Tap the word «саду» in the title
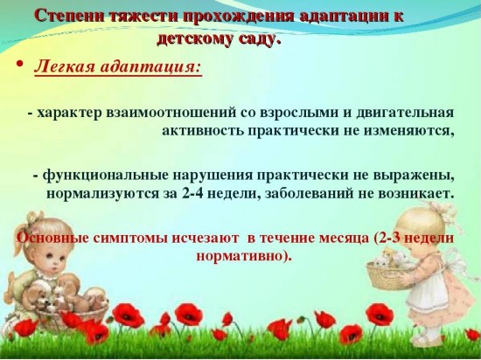click(x=256, y=39)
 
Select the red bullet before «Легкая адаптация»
click(x=19, y=65)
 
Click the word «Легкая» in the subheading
click(x=65, y=66)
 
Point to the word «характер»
click(x=69, y=113)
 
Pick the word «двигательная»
click(x=405, y=113)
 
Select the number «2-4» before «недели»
click(x=192, y=194)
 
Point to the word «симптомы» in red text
click(x=130, y=239)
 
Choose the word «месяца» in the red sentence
click(x=344, y=239)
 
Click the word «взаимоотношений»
click(x=171, y=113)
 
